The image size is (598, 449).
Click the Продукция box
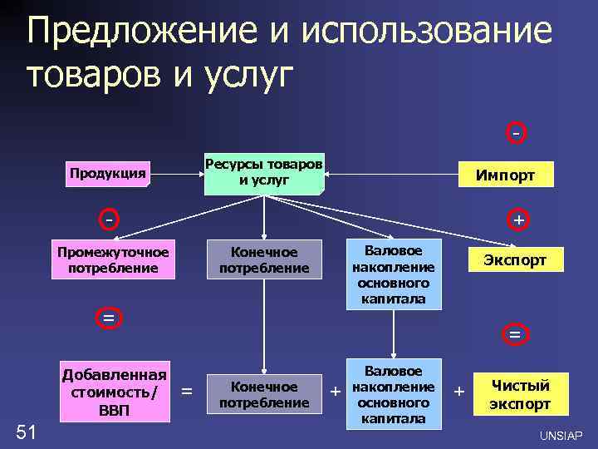(108, 174)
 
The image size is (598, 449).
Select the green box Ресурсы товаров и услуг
(264, 173)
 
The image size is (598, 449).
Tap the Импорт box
(504, 175)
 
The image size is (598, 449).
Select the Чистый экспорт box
(520, 396)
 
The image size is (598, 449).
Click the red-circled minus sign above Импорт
(517, 133)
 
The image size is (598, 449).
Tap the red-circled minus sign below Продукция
(109, 220)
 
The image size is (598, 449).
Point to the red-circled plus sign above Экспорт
(517, 220)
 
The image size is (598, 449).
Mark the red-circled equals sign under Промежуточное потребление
(108, 318)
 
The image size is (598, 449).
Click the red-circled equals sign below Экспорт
(515, 334)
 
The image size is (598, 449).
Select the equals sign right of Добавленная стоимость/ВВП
(188, 390)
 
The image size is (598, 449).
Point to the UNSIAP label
(561, 436)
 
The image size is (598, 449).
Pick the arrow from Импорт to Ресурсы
(390, 175)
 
